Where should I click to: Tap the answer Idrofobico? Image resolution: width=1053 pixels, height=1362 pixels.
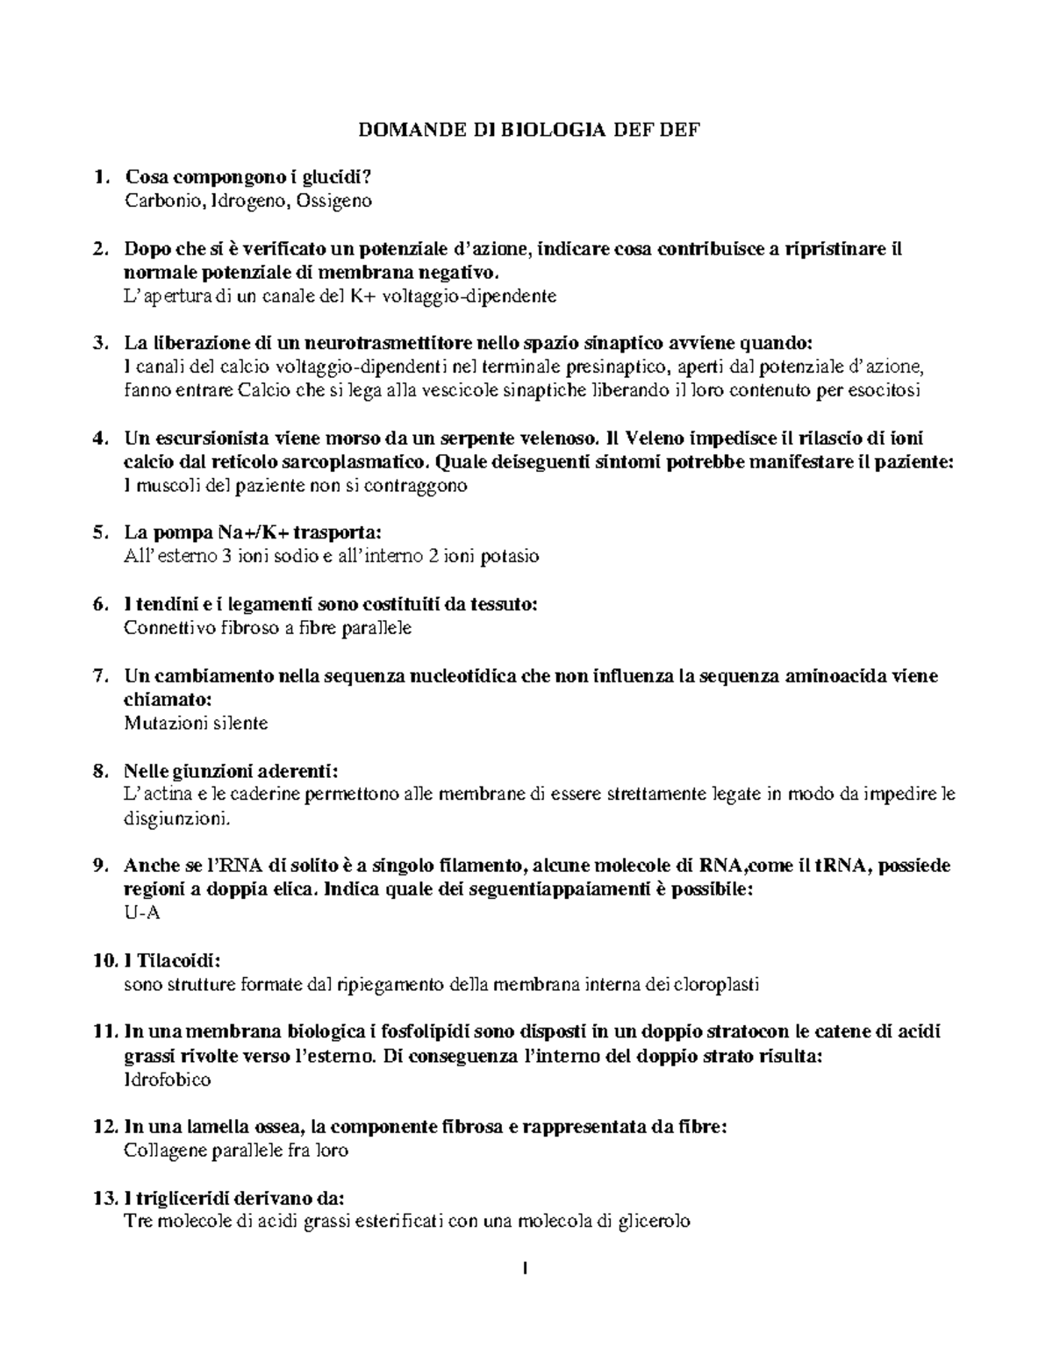[x=168, y=1080]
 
